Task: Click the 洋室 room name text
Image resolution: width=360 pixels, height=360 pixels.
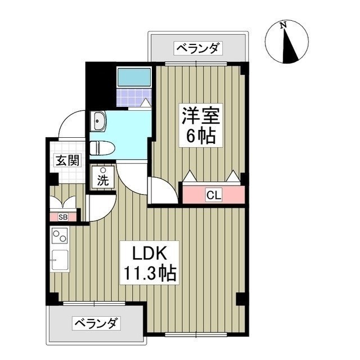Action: point(199,115)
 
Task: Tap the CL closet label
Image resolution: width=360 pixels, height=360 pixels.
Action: point(213,195)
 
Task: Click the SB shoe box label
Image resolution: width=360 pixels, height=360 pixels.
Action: point(63,217)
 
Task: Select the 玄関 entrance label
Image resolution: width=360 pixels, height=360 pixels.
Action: point(67,160)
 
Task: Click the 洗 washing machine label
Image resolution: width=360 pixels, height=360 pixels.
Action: point(103,181)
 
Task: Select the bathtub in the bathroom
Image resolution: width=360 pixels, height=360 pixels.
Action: point(134,76)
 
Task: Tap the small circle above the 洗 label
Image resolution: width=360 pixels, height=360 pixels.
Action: point(103,171)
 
